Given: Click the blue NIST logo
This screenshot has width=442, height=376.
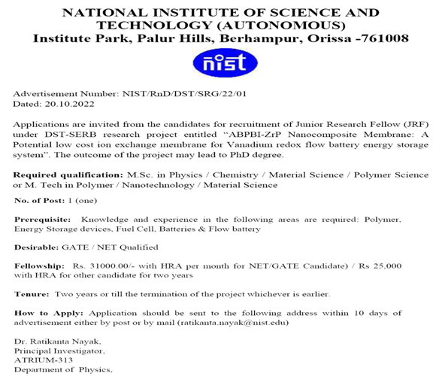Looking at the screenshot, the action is [220, 65].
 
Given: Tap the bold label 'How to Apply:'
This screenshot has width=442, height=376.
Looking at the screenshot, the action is [49, 312].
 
